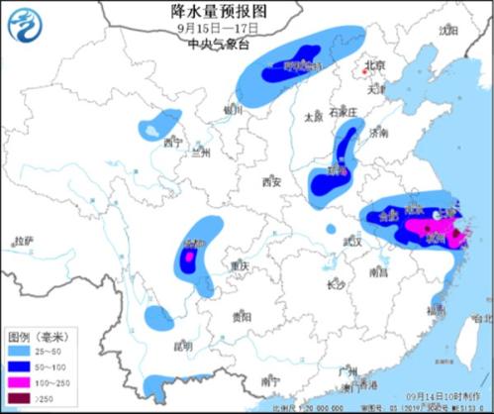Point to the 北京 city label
pos(373,65)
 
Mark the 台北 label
pos(482,318)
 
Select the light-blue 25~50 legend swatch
pos(16,352)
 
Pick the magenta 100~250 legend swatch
pos(16,383)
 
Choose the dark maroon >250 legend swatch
pos(16,398)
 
